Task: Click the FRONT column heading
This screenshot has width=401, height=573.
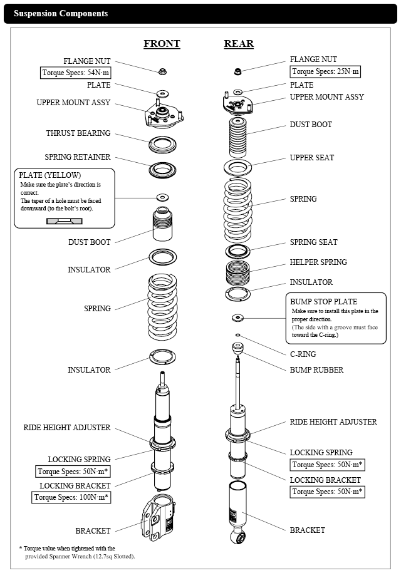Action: (162, 44)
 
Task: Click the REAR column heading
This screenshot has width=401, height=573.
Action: (239, 44)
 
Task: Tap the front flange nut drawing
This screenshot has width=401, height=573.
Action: (162, 71)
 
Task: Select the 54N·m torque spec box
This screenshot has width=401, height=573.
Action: (76, 72)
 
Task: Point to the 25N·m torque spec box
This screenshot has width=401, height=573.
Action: (325, 71)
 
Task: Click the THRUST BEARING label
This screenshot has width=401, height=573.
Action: (78, 133)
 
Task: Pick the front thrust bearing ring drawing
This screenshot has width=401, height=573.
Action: (164, 145)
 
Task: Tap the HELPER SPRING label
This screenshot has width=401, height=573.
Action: (318, 262)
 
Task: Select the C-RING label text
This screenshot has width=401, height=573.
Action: (303, 354)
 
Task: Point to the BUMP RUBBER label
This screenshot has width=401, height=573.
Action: (316, 370)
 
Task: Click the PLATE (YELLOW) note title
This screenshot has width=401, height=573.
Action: (50, 175)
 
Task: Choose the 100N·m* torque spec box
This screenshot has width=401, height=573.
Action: (72, 498)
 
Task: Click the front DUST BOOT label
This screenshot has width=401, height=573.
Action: (90, 242)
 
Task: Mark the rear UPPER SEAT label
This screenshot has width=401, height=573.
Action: (312, 158)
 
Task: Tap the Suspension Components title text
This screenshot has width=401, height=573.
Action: (61, 13)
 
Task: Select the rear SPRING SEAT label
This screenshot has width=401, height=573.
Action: (313, 242)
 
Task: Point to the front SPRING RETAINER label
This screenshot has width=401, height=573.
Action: (78, 157)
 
